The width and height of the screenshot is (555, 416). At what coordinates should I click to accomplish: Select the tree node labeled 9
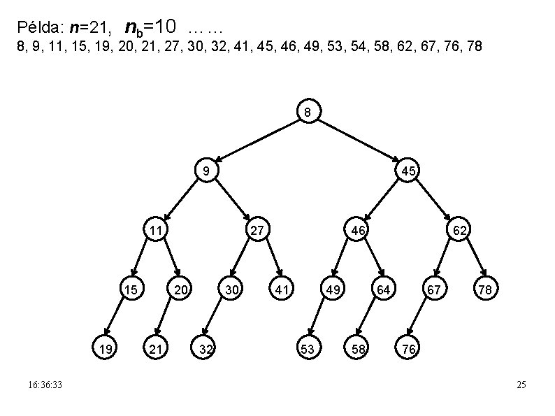206,171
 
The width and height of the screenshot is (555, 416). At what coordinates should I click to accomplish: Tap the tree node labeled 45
408,171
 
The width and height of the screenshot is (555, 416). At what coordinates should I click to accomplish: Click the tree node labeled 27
257,229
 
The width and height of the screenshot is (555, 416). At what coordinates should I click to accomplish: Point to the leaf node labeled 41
282,288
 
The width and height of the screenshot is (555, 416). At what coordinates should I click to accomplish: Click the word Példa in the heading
39,29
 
